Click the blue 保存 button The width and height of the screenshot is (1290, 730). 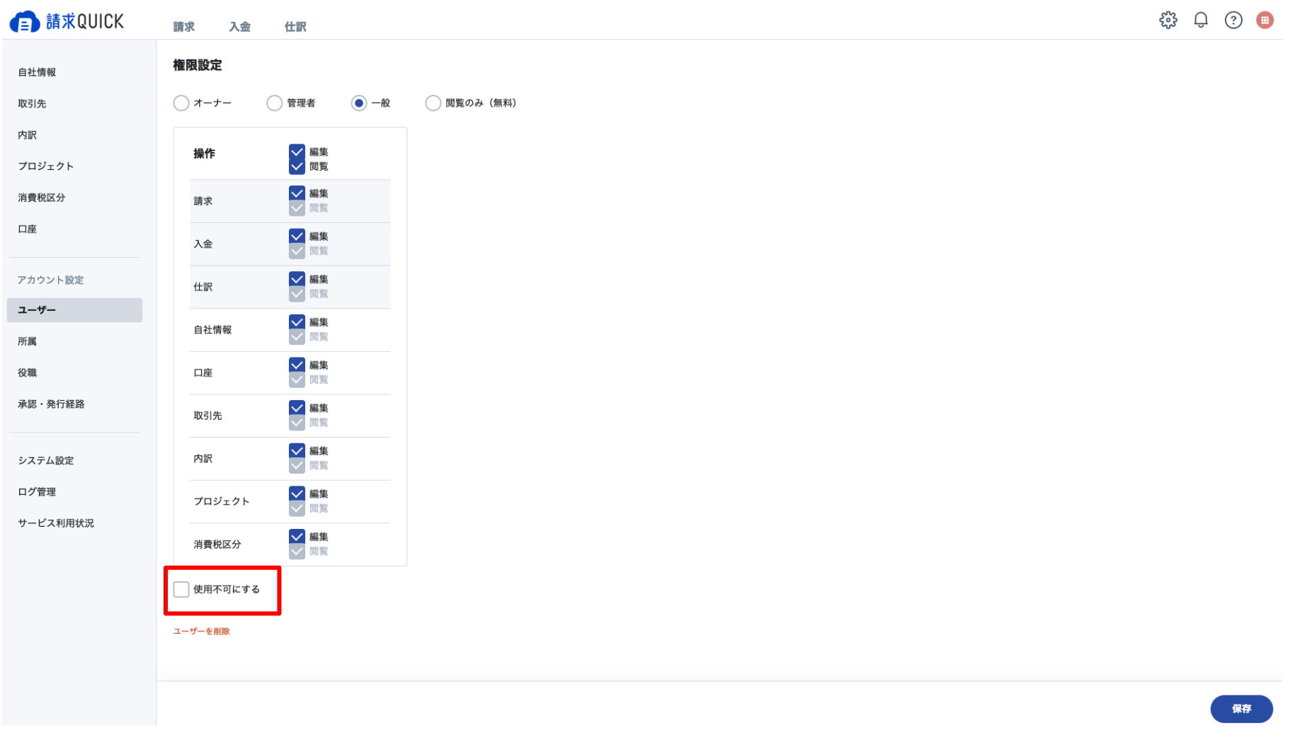(x=1241, y=708)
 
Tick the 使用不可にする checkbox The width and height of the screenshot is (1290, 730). (x=181, y=589)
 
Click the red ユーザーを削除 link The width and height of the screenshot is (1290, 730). (x=202, y=631)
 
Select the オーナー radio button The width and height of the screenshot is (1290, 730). (x=181, y=103)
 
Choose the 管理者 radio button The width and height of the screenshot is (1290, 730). (x=274, y=103)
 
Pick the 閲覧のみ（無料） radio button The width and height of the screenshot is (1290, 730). (x=433, y=103)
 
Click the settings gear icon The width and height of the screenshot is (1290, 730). (x=1168, y=20)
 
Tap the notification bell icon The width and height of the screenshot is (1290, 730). (x=1201, y=20)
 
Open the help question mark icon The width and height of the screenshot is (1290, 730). (x=1233, y=20)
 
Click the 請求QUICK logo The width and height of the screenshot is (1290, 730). (x=67, y=21)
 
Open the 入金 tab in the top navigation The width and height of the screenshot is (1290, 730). (x=239, y=27)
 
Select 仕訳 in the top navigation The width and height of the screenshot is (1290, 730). (x=295, y=27)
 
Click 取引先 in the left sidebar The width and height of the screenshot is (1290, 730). (x=32, y=103)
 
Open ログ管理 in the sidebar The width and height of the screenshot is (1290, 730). (x=37, y=491)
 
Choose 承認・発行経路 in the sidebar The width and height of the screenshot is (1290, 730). (x=51, y=404)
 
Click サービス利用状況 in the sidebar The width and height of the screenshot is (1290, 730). (x=56, y=523)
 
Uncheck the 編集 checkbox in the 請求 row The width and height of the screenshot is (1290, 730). (x=297, y=193)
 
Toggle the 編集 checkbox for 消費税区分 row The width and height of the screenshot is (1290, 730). (x=297, y=537)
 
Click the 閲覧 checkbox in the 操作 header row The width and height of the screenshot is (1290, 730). (x=297, y=166)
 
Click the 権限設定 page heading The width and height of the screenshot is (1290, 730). (x=198, y=65)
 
